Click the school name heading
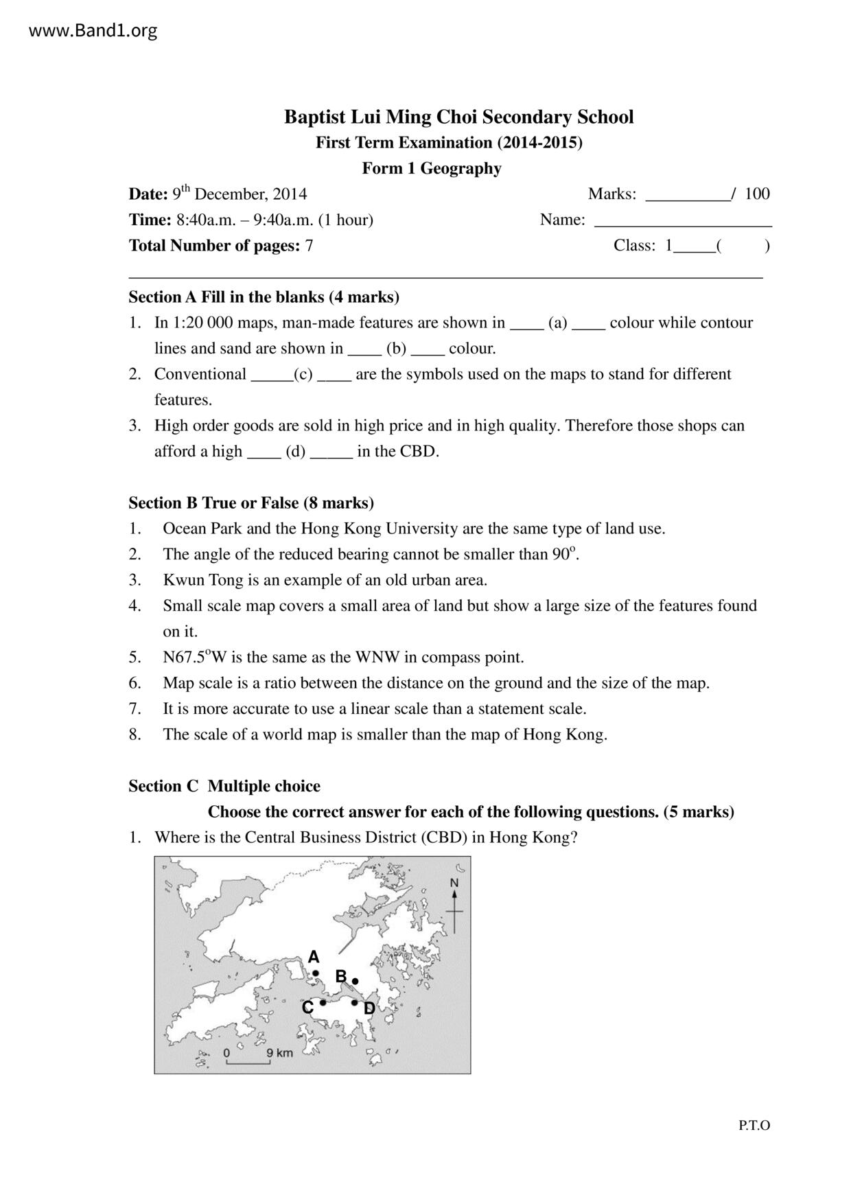(x=458, y=117)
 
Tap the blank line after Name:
(x=683, y=221)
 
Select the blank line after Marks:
(x=688, y=195)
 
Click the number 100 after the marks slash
(x=757, y=194)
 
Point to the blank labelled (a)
(x=557, y=323)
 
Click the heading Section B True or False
(x=251, y=503)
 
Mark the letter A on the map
(x=314, y=957)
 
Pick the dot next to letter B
(x=355, y=981)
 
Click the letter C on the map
(x=307, y=1007)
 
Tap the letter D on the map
(x=369, y=1008)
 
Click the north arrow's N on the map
(x=454, y=883)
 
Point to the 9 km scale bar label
(x=279, y=1053)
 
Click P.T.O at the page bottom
(x=754, y=1125)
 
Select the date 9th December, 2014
(x=239, y=194)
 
